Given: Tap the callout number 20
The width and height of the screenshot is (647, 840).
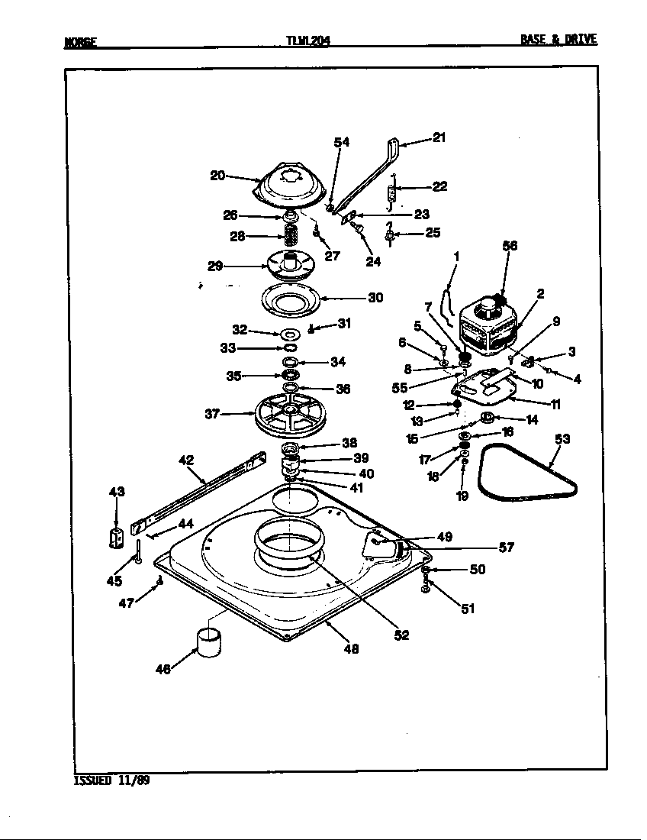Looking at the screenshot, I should pyautogui.click(x=217, y=175).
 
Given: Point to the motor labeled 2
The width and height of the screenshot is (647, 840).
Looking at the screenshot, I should pyautogui.click(x=488, y=325).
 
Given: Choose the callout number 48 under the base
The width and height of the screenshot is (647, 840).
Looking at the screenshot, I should pyautogui.click(x=351, y=649).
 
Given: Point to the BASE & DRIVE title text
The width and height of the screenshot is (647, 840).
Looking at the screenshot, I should pyautogui.click(x=558, y=39).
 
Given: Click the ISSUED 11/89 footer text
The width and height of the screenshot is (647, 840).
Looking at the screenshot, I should pyautogui.click(x=111, y=780).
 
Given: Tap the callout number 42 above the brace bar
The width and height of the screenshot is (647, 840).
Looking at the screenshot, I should pyautogui.click(x=186, y=460).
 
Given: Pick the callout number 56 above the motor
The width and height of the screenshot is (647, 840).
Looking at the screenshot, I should pyautogui.click(x=510, y=245).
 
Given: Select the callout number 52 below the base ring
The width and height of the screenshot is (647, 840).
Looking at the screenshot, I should pyautogui.click(x=402, y=635).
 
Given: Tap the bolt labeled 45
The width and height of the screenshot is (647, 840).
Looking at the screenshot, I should pyautogui.click(x=140, y=551).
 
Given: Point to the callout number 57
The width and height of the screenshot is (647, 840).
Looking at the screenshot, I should pyautogui.click(x=506, y=548).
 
